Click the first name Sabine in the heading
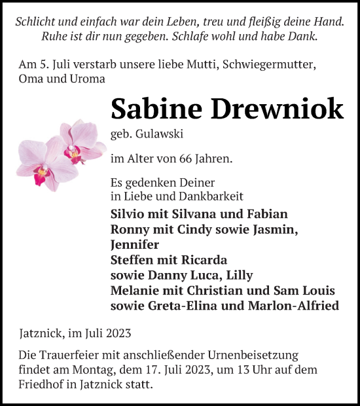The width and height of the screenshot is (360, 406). point(151,108)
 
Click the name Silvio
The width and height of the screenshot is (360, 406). point(130,214)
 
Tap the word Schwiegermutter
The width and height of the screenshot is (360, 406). point(268,64)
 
